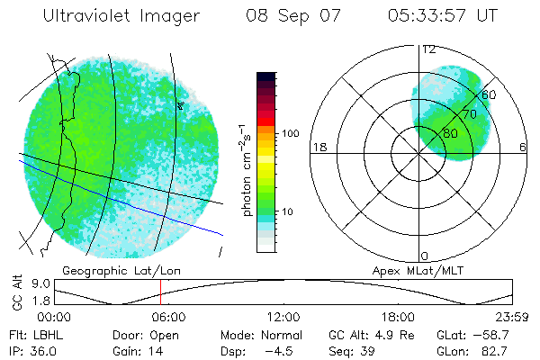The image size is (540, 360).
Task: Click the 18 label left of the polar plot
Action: pyautogui.click(x=318, y=148)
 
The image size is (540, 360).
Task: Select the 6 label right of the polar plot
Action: pyautogui.click(x=523, y=148)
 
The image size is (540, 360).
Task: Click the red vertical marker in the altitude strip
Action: pyautogui.click(x=160, y=292)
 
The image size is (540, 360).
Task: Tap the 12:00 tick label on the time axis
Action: pyautogui.click(x=283, y=318)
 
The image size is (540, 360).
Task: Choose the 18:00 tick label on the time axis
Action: pyautogui.click(x=397, y=318)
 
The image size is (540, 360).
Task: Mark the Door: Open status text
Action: pyautogui.click(x=142, y=334)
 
